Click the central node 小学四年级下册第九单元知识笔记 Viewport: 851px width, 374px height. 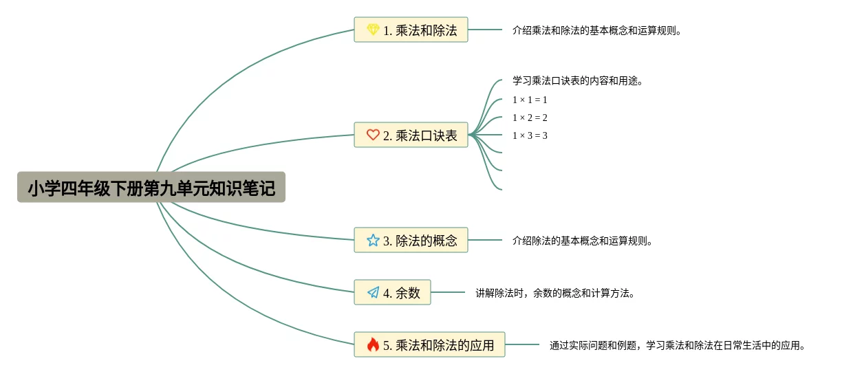pyautogui.click(x=151, y=188)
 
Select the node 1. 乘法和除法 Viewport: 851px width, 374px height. pyautogui.click(x=411, y=30)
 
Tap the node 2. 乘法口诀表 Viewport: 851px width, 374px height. pyautogui.click(x=411, y=135)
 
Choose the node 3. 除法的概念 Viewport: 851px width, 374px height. pyautogui.click(x=411, y=241)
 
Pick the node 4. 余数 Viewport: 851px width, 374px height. pyautogui.click(x=392, y=293)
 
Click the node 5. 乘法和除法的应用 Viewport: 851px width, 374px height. pyautogui.click(x=429, y=345)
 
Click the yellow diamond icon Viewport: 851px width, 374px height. pyautogui.click(x=373, y=30)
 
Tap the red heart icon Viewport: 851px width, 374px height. pyautogui.click(x=373, y=135)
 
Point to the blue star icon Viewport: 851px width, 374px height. pyautogui.click(x=373, y=241)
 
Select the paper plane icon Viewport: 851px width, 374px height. pyautogui.click(x=373, y=293)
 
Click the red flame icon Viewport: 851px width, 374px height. pyautogui.click(x=373, y=345)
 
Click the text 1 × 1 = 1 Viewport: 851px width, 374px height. pyautogui.click(x=530, y=100)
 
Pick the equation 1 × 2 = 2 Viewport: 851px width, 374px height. pyautogui.click(x=530, y=118)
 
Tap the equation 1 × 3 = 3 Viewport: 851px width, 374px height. pyautogui.click(x=530, y=136)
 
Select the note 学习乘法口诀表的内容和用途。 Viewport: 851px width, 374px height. pyautogui.click(x=578, y=81)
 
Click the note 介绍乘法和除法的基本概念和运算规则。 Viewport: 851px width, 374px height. pyautogui.click(x=597, y=31)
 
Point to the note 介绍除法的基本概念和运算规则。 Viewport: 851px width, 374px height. pyautogui.click(x=583, y=241)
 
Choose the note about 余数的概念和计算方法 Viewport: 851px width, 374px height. pyautogui.click(x=555, y=294)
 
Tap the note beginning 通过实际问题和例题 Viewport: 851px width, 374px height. pyautogui.click(x=678, y=346)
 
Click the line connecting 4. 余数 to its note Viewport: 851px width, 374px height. pyautogui.click(x=448, y=293)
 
